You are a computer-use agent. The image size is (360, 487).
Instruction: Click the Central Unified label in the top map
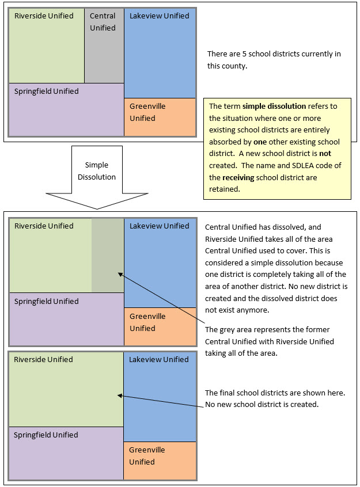coord(103,22)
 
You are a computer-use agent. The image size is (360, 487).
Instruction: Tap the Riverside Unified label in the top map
coord(44,16)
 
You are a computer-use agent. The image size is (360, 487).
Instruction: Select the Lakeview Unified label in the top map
coord(159,16)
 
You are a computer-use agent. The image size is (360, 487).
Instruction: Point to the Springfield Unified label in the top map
coord(46,92)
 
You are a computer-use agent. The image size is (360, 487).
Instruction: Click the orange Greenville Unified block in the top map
coord(160,117)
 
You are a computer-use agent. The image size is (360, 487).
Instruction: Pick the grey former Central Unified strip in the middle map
coord(108,256)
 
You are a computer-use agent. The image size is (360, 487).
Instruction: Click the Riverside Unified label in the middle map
coord(44,226)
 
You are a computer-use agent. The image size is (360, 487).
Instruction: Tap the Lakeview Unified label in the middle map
coord(159,226)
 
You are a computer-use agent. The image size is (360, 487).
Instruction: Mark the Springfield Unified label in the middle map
coord(46,302)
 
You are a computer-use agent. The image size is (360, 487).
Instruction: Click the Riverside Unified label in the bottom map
coord(44,360)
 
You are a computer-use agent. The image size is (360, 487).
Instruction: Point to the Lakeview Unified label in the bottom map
coord(159,360)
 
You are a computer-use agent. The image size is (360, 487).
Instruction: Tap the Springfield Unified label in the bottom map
coord(46,435)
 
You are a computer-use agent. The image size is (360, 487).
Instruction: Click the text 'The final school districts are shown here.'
coord(275,393)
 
